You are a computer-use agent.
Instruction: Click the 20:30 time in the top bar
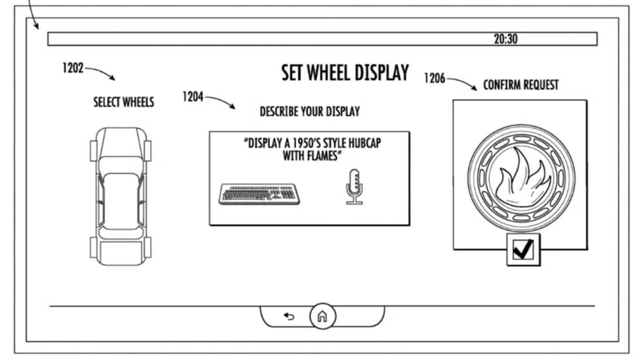pyautogui.click(x=505, y=39)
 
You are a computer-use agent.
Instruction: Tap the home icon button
pyautogui.click(x=322, y=316)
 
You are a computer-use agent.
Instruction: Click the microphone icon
pyautogui.click(x=354, y=187)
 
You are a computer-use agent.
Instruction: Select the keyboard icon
pyautogui.click(x=259, y=194)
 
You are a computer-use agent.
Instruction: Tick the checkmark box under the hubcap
pyautogui.click(x=523, y=250)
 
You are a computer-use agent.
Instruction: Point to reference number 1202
pyautogui.click(x=73, y=68)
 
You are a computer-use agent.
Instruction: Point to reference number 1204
pyautogui.click(x=192, y=97)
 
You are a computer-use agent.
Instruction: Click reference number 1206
pyautogui.click(x=434, y=78)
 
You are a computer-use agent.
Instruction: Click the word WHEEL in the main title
pyautogui.click(x=328, y=73)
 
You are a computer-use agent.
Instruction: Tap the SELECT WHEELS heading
pyautogui.click(x=123, y=102)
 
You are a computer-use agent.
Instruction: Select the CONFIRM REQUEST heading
pyautogui.click(x=521, y=85)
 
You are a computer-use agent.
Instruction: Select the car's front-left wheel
pyautogui.click(x=94, y=151)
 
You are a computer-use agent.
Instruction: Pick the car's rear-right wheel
pyautogui.click(x=147, y=247)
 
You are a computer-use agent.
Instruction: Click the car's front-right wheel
pyautogui.click(x=147, y=151)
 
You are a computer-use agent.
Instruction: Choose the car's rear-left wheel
pyautogui.click(x=94, y=247)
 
